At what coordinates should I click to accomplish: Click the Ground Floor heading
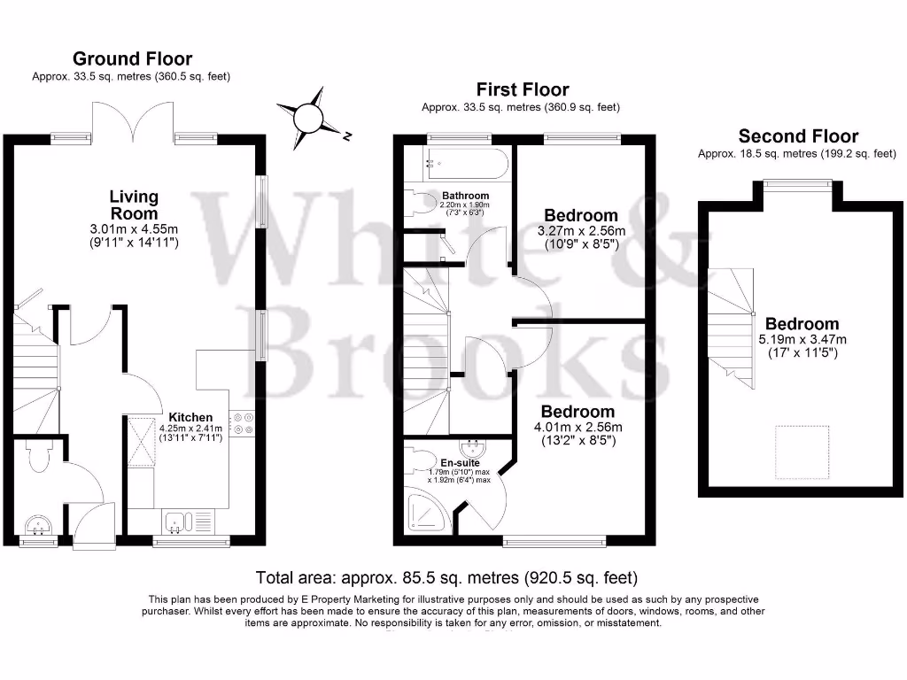pos(133,58)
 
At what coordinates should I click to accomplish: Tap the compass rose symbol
pos(308,119)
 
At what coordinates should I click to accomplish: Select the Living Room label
pos(134,205)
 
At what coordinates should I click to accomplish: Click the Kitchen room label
pos(190,417)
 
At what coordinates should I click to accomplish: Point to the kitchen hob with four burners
pos(242,422)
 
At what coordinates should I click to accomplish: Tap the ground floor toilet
pos(40,455)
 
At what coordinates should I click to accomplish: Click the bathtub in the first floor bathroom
pos(466,164)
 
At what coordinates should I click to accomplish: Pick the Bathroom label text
pos(466,196)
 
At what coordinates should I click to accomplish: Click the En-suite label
pos(460,462)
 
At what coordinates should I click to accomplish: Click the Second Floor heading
pos(798,135)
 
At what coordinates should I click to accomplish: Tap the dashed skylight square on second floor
pos(802,452)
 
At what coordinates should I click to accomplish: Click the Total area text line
pos(446,577)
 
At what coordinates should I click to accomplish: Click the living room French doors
pos(133,121)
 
